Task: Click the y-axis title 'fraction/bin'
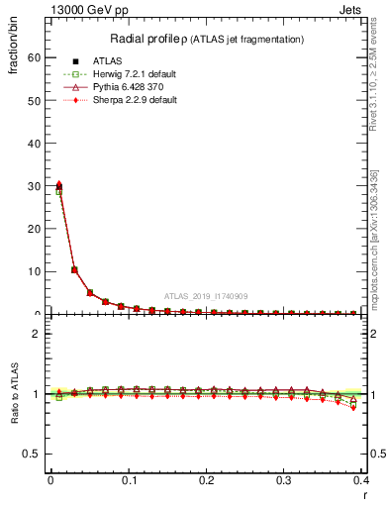tap(13, 53)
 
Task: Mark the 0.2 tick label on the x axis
tap(206, 480)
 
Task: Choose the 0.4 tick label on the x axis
tap(360, 480)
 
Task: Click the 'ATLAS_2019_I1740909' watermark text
tap(205, 296)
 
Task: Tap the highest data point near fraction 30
tap(58, 184)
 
